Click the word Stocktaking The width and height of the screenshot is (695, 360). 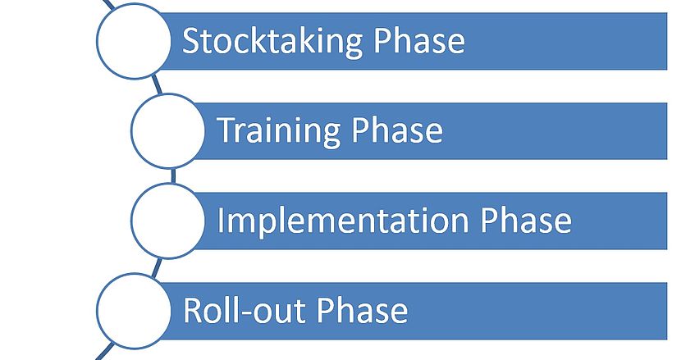coord(273,42)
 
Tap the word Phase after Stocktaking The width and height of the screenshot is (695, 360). coord(419,40)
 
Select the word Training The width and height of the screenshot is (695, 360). coord(279,131)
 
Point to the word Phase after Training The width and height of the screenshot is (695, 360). coord(397,130)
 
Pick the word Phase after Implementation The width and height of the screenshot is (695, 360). coord(526,220)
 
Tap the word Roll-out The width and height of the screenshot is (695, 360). coord(245,310)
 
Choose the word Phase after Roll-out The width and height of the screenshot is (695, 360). coord(362,310)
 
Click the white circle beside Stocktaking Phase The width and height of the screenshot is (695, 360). coord(134,41)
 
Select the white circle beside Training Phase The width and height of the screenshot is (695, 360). coord(168,130)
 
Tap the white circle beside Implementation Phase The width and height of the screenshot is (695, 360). coord(168,221)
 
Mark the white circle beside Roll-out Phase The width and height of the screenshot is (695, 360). coord(134,311)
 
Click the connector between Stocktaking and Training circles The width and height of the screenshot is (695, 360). coord(157,84)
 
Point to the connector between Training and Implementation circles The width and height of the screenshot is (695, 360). coord(173,175)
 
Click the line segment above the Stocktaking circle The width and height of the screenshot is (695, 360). coord(108,4)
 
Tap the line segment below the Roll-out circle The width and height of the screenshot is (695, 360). coord(104,351)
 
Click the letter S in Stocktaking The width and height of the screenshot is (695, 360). coord(190,40)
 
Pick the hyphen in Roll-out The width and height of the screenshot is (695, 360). coord(245,312)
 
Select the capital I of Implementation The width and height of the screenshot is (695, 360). coord(220,220)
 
